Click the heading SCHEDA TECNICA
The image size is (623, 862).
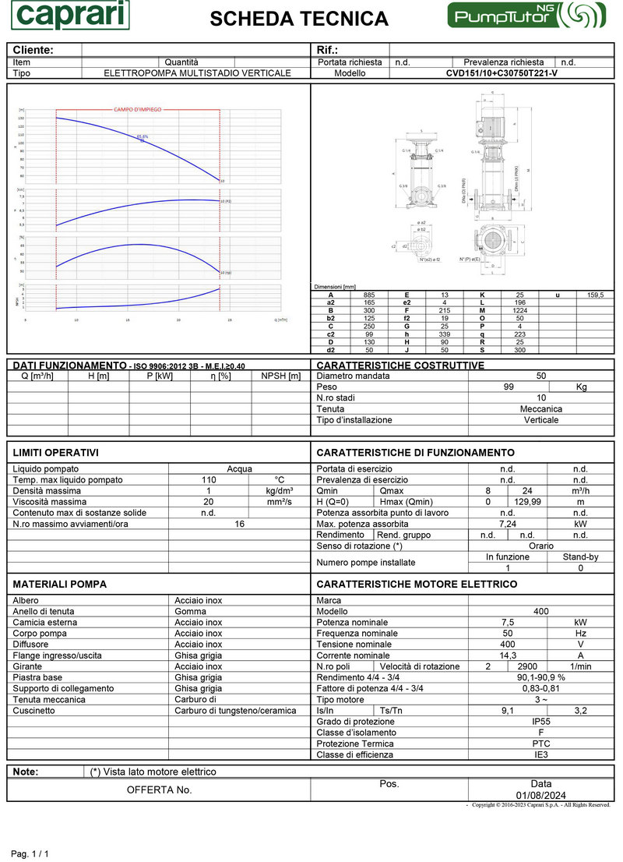coord(299,19)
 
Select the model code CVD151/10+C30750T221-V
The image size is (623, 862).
coord(502,73)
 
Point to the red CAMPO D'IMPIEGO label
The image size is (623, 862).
coord(138,110)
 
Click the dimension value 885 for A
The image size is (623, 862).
coord(368,295)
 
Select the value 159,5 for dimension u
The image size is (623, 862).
coord(596,295)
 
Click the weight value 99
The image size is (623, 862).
coord(509,387)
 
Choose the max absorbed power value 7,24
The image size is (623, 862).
coord(508,524)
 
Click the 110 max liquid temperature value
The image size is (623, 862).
coord(208,480)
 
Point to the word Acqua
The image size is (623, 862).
coord(239,469)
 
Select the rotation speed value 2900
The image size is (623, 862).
coord(527,667)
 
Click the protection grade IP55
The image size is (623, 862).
coord(541,722)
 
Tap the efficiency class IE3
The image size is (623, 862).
coord(541,754)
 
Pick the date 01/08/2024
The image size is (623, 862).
coord(540,795)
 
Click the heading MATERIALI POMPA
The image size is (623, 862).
coord(60,584)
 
